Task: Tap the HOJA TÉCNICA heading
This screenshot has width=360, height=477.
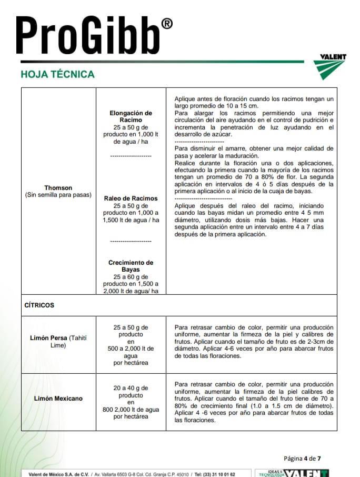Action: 57,74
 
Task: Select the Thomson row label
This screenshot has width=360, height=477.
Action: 58,188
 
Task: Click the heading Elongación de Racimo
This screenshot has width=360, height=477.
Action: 131,116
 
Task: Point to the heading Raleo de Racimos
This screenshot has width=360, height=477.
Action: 131,198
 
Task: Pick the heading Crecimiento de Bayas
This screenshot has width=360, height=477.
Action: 131,266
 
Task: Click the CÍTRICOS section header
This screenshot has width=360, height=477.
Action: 39,305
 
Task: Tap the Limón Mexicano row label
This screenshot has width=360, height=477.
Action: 58,399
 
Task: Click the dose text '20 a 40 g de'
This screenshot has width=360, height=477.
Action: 131,388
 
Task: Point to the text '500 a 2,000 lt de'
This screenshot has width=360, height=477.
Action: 131,349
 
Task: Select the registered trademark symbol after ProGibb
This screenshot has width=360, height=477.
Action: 166,24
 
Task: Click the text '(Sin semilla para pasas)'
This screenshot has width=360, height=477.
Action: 58,195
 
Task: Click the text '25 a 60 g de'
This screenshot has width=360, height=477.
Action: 131,277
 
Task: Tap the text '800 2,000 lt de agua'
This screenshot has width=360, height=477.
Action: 131,410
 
